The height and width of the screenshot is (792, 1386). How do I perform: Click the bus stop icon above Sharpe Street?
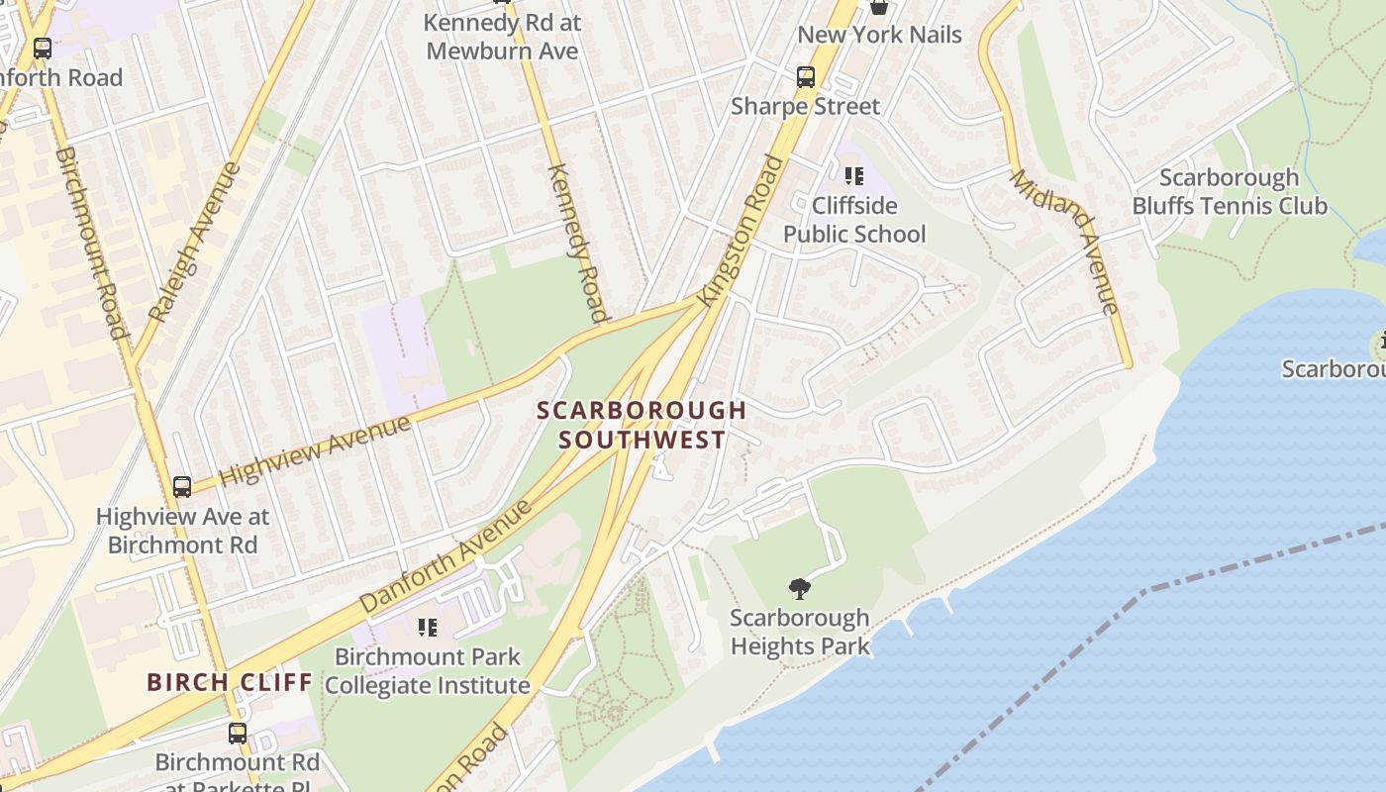(x=806, y=76)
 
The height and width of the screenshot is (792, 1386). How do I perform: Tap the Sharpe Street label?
(x=805, y=106)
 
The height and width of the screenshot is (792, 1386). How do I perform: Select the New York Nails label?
(x=879, y=35)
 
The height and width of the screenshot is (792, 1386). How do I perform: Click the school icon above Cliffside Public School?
(x=853, y=177)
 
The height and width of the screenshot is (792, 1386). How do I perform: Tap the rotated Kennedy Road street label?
(x=577, y=243)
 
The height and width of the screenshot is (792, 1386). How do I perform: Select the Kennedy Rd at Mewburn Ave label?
(x=502, y=36)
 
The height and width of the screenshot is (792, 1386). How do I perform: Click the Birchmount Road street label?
(x=92, y=243)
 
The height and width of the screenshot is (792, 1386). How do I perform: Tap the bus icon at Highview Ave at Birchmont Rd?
(x=182, y=486)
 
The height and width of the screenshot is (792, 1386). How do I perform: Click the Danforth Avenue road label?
(x=445, y=555)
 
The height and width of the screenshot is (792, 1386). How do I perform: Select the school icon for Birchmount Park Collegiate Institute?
(x=428, y=627)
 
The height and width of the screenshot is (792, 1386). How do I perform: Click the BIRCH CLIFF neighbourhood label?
(x=230, y=682)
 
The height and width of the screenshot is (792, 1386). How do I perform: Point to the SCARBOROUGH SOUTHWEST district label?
(x=642, y=425)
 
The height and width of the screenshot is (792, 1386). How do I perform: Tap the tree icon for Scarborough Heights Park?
(x=799, y=589)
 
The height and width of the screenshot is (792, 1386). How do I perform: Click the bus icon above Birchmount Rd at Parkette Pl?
(x=238, y=733)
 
